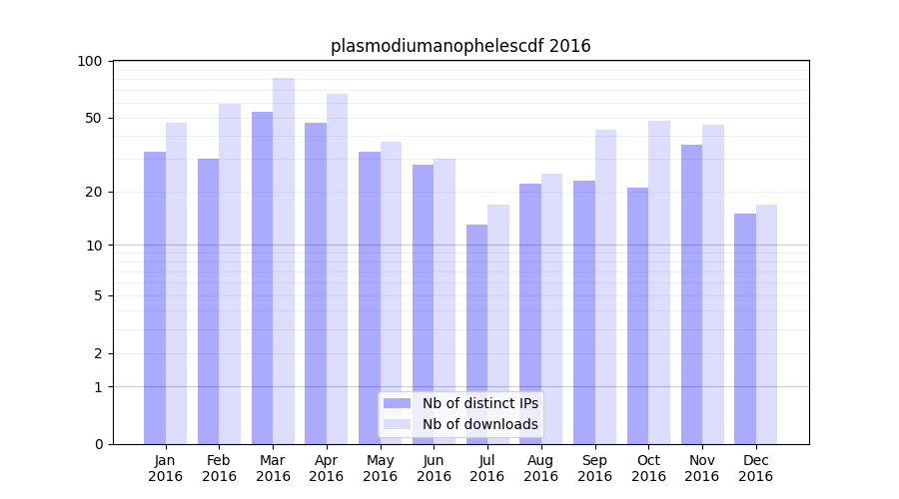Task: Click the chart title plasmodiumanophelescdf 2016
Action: [460, 46]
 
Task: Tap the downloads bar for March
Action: [284, 260]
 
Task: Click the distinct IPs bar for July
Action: [476, 334]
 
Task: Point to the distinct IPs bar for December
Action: [745, 328]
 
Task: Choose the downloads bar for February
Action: [230, 273]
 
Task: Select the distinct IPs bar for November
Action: [691, 294]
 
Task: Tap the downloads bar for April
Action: [338, 268]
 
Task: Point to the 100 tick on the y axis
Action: [90, 61]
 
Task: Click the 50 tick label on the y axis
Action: [94, 118]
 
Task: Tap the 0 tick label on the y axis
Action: [98, 444]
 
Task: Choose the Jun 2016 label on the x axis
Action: [434, 468]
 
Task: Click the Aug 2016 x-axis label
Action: [540, 468]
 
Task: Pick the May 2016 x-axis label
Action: [380, 468]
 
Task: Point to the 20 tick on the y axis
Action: [94, 192]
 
